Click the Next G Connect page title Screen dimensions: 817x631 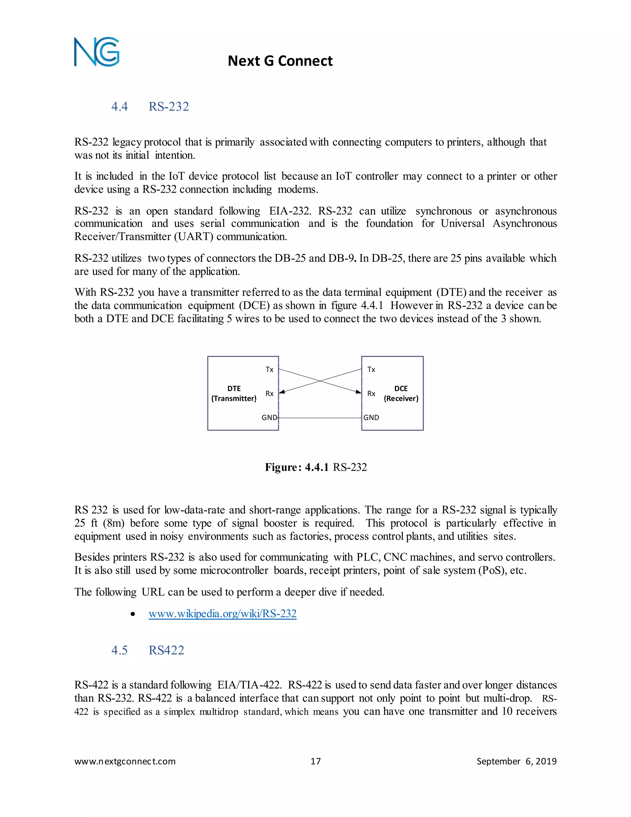[x=280, y=61]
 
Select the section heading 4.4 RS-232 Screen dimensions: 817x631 [x=150, y=107]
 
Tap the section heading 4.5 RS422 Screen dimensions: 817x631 [x=148, y=650]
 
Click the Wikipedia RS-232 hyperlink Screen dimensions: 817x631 [x=222, y=614]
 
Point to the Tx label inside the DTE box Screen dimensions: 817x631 [x=269, y=370]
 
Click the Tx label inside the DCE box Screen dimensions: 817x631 [x=371, y=370]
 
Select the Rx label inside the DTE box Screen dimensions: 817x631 [x=269, y=393]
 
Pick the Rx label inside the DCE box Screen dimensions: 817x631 [x=371, y=393]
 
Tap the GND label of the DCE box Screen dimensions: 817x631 [x=371, y=417]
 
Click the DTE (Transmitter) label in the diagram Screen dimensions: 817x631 [x=234, y=393]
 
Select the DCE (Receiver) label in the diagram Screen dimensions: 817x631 [x=401, y=393]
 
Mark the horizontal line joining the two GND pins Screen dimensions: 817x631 [x=320, y=417]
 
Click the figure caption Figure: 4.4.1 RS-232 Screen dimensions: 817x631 [x=316, y=467]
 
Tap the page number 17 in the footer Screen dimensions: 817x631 [x=315, y=761]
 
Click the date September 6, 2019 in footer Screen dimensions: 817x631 [x=516, y=761]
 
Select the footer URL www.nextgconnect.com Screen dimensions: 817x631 [x=125, y=761]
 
